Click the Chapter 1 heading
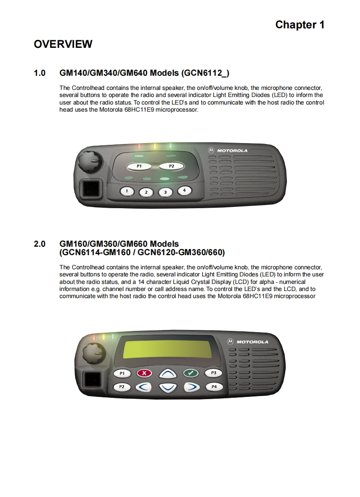[300, 25]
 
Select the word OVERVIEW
[63, 44]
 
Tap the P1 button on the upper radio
[139, 166]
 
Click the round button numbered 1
[127, 191]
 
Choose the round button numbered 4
[184, 190]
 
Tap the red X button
[144, 373]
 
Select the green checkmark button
[191, 373]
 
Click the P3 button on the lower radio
[213, 373]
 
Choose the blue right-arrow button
[191, 387]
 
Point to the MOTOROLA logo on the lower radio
[248, 342]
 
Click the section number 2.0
[39, 244]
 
